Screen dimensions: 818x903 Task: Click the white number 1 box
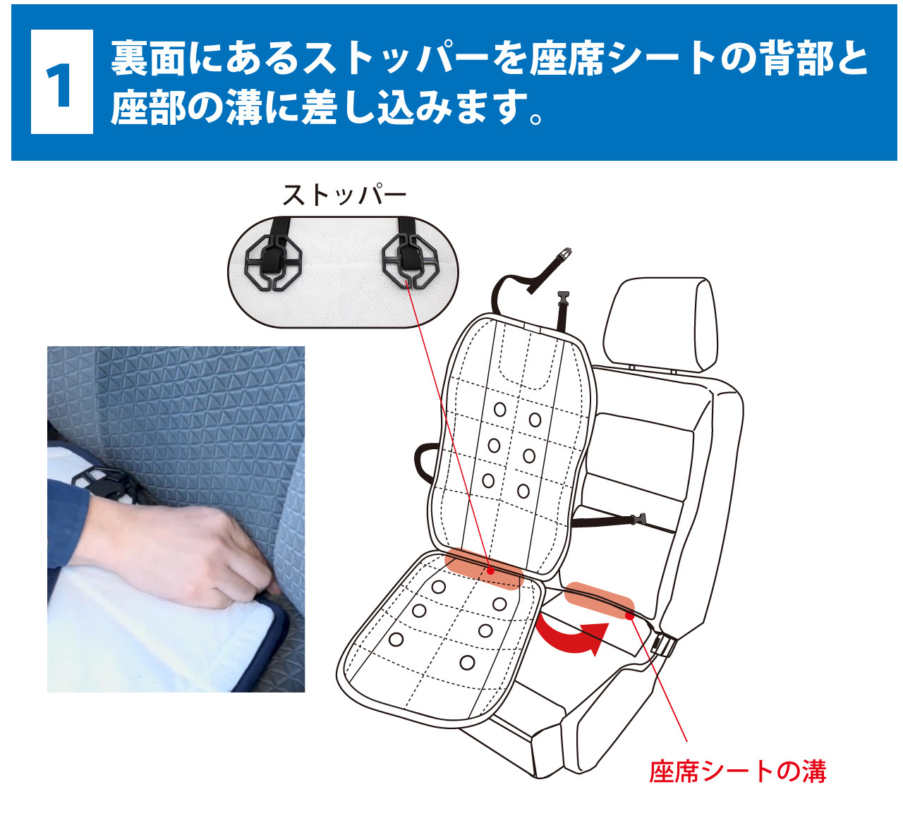pos(62,82)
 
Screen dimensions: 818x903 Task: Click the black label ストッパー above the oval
pos(344,195)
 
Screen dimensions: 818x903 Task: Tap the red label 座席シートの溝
pos(737,771)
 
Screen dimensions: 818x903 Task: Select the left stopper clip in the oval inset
pos(274,262)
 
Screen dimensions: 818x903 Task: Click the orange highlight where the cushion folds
pos(483,567)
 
